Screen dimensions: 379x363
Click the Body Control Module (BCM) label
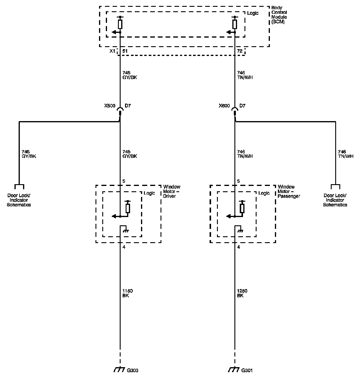click(x=279, y=17)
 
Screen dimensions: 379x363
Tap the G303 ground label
click(x=132, y=370)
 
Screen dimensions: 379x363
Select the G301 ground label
click(x=247, y=370)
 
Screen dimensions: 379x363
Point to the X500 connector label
click(x=110, y=106)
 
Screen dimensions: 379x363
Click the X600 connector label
click(x=224, y=106)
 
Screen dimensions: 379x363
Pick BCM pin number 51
click(x=125, y=51)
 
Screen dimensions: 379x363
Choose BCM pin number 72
click(x=240, y=51)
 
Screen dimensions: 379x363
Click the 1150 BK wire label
click(x=127, y=293)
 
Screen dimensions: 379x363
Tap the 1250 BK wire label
click(x=242, y=293)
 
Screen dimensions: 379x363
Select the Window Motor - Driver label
click(x=171, y=191)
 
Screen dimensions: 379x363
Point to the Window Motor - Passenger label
click(x=289, y=191)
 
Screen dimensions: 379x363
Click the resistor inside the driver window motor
click(x=128, y=208)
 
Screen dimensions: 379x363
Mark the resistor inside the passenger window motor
click(x=242, y=208)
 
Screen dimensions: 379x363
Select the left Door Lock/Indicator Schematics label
click(x=19, y=200)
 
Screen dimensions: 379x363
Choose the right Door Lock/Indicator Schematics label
click(x=335, y=200)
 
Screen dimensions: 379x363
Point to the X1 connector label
click(x=112, y=51)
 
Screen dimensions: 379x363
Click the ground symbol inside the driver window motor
click(x=125, y=230)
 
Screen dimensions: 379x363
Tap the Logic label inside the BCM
click(x=253, y=13)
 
